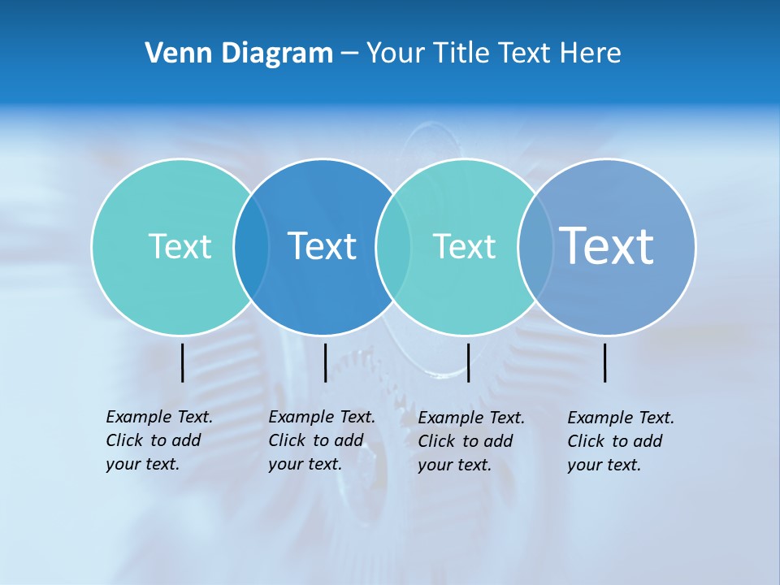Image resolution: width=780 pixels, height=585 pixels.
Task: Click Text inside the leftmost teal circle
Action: coord(180,246)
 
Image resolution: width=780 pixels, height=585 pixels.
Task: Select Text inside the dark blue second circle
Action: coord(323,246)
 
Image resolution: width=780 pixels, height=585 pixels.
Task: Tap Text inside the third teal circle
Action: coord(464,246)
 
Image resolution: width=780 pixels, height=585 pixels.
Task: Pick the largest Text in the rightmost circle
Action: coord(607,245)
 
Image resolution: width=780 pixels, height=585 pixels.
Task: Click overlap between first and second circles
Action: coord(251,246)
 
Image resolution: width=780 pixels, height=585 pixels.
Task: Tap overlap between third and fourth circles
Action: coord(535,246)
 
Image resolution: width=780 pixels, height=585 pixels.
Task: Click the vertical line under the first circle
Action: coord(183,362)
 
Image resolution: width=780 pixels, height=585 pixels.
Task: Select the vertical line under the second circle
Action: coord(325,362)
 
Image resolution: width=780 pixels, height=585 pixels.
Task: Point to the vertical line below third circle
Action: coord(469,362)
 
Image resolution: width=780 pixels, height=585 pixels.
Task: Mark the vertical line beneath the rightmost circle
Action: coord(605,362)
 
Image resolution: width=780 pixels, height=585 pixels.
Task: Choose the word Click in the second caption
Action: coord(287,440)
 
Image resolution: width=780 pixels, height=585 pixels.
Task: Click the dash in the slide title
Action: coord(349,54)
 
